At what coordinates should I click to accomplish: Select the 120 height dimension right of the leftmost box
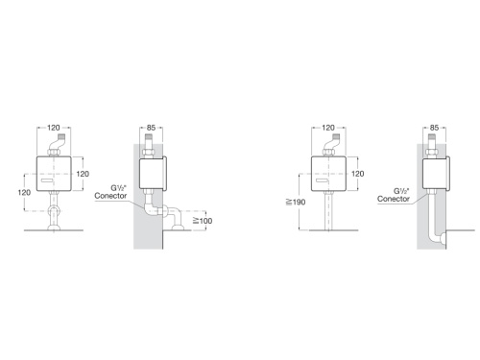[x=83, y=174]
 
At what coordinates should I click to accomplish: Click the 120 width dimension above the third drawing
[x=328, y=126]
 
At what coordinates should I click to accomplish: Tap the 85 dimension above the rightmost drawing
[x=434, y=126]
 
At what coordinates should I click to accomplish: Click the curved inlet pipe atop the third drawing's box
[x=332, y=145]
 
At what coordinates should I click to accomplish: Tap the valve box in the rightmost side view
[x=438, y=174]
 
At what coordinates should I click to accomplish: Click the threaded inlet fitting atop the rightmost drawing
[x=433, y=145]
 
